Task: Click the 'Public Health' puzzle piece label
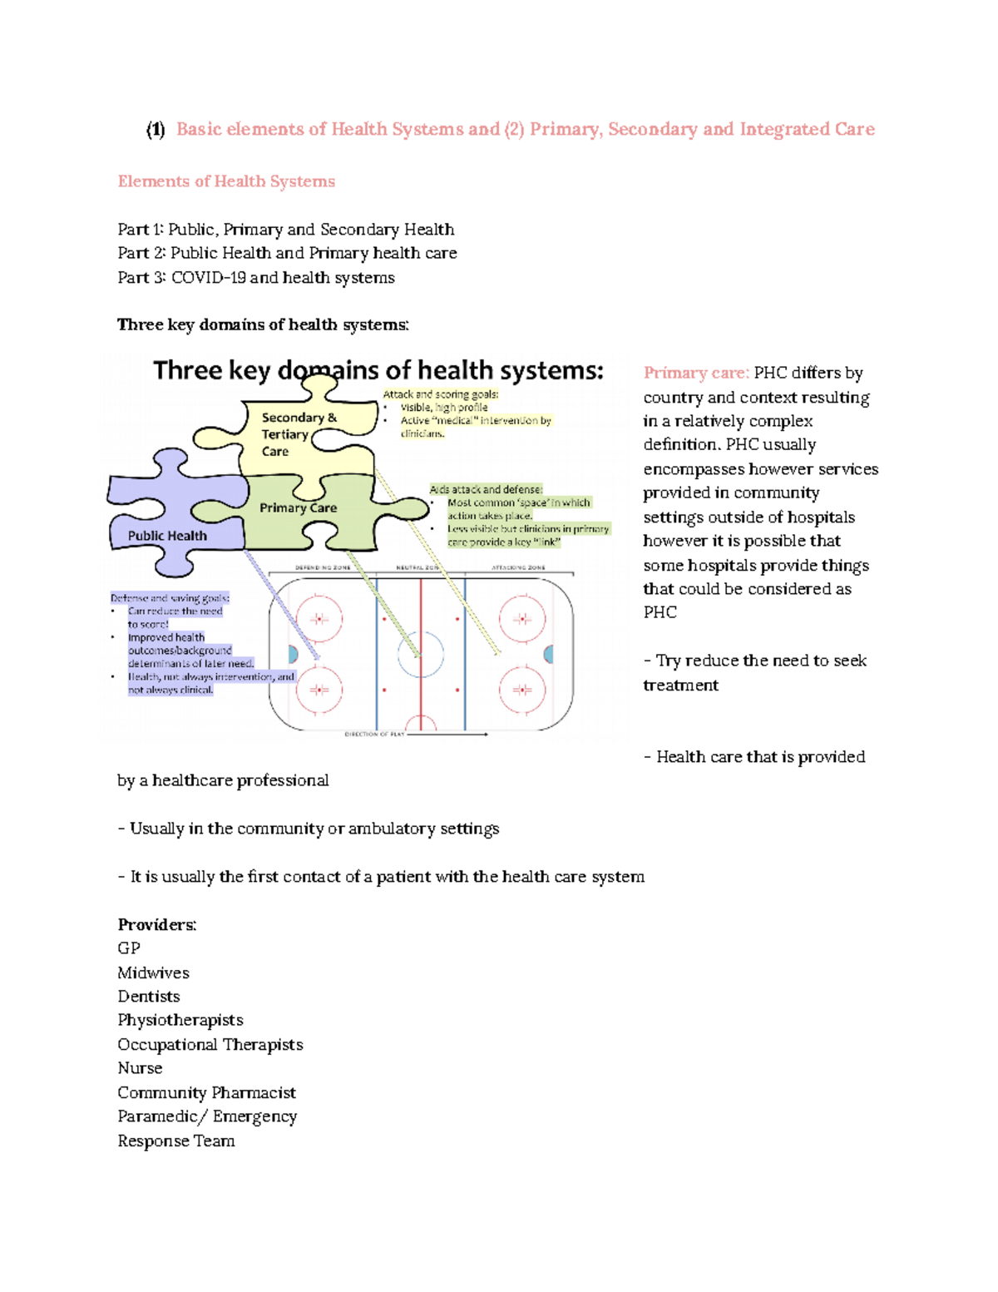click(167, 536)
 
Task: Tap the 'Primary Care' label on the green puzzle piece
click(298, 507)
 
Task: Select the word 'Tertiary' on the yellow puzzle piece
click(284, 434)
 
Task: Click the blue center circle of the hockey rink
click(421, 653)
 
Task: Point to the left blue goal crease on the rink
click(293, 654)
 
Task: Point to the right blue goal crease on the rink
click(549, 654)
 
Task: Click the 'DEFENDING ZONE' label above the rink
click(323, 567)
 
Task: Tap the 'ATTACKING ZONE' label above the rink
click(518, 567)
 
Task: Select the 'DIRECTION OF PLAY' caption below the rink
click(374, 735)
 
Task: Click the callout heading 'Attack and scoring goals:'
click(440, 394)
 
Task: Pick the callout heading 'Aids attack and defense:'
click(486, 489)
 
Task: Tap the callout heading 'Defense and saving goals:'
click(170, 597)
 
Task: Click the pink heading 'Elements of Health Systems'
click(226, 181)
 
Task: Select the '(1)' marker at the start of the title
click(156, 130)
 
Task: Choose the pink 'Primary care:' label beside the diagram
click(696, 373)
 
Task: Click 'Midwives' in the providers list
click(153, 973)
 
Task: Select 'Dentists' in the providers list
click(148, 997)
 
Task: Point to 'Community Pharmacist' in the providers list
click(206, 1092)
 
